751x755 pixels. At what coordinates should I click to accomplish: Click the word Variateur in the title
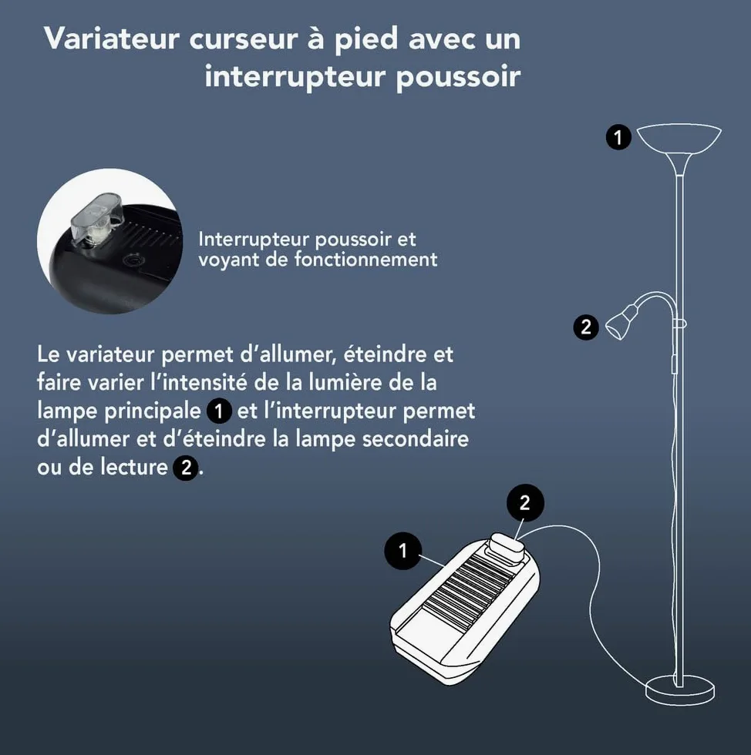click(111, 38)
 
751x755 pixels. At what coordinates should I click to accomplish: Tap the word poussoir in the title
click(459, 77)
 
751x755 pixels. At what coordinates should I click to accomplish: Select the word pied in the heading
click(366, 39)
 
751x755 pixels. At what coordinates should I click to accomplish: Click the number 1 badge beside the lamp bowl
click(618, 137)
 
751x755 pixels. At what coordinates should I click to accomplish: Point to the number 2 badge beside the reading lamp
click(586, 327)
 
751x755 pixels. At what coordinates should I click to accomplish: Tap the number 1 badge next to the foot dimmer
click(403, 550)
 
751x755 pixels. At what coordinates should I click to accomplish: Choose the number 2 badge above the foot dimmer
click(525, 502)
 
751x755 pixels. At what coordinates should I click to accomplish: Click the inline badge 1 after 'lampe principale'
click(219, 411)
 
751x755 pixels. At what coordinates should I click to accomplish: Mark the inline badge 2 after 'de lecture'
click(186, 468)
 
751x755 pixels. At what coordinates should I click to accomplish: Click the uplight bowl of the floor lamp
click(679, 142)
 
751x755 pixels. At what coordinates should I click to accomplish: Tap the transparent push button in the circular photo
click(96, 217)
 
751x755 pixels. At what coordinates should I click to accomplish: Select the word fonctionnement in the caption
click(365, 259)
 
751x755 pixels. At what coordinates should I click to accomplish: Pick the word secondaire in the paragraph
click(416, 438)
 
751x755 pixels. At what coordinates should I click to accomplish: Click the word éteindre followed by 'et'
click(385, 354)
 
